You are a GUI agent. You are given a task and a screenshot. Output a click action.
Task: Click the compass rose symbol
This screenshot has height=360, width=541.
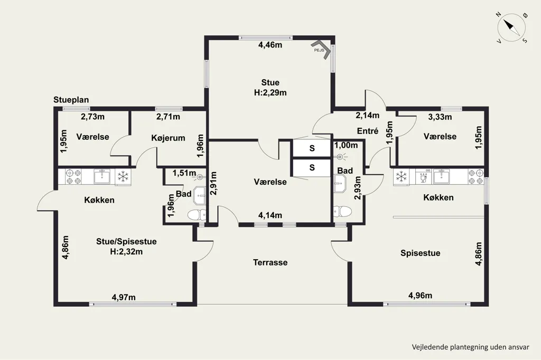click(511, 27)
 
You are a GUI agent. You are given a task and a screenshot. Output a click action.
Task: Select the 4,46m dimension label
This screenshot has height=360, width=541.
click(270, 45)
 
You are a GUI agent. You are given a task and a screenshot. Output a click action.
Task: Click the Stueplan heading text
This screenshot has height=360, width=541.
click(71, 100)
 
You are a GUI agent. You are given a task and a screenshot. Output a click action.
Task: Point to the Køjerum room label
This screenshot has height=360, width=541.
click(168, 138)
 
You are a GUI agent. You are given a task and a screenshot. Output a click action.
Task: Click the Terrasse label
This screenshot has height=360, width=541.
click(270, 262)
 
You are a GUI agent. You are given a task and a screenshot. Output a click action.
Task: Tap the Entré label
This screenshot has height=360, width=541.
click(368, 131)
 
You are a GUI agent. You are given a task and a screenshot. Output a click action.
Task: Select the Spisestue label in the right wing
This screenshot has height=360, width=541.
click(420, 253)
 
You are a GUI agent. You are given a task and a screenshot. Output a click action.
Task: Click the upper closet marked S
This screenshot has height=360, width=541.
click(312, 148)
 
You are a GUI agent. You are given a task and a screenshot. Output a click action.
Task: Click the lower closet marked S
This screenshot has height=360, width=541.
click(312, 167)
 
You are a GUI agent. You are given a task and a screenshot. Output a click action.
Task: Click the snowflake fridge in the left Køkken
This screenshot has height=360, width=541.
click(123, 176)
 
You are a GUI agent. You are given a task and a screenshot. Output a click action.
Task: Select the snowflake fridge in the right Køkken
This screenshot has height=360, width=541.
click(402, 176)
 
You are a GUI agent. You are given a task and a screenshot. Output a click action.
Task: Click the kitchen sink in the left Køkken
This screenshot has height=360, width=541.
click(102, 176)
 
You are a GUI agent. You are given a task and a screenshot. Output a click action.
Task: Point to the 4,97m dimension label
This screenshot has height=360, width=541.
click(124, 297)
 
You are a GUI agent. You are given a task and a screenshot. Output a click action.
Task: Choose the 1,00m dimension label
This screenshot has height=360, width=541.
click(346, 145)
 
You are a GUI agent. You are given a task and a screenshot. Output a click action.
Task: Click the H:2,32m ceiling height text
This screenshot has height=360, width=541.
click(126, 252)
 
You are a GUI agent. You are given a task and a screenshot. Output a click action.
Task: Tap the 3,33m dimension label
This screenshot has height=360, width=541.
click(440, 117)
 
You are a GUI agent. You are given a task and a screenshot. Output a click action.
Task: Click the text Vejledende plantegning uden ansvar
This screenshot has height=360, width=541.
click(470, 347)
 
